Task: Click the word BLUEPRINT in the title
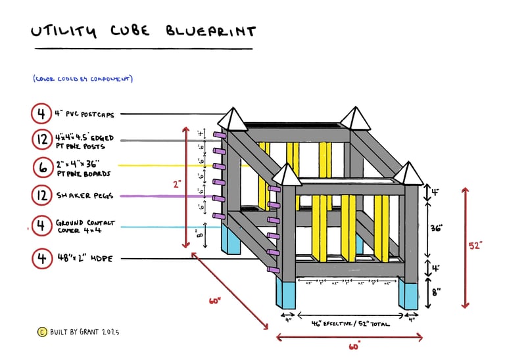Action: pos(210,31)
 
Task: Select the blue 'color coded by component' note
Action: pos(83,79)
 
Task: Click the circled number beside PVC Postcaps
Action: pos(41,114)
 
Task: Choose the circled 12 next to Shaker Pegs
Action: pos(41,195)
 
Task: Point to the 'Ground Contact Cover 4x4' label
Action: pos(85,227)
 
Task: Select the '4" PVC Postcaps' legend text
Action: pos(85,114)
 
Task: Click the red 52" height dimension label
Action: pos(475,245)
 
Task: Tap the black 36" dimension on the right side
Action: pos(437,228)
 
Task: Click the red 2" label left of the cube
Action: pos(177,185)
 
